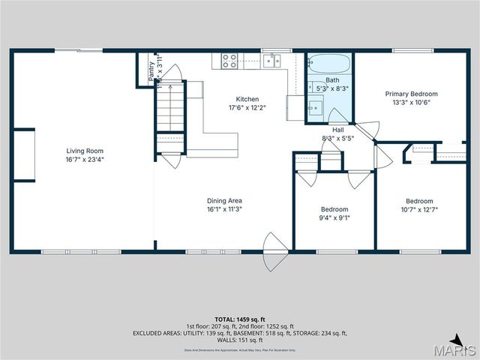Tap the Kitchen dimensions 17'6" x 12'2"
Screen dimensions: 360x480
coord(247,107)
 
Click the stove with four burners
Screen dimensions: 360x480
coord(229,61)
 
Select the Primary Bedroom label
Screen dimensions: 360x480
coord(411,94)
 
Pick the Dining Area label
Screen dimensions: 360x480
coord(224,200)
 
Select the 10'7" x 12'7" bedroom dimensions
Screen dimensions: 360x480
coord(419,209)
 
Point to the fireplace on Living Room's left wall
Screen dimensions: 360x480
coord(24,154)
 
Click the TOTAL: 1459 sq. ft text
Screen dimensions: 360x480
coord(240,319)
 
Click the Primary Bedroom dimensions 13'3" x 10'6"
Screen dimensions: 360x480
coord(411,103)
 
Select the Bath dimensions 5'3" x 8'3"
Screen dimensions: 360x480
coord(332,88)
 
